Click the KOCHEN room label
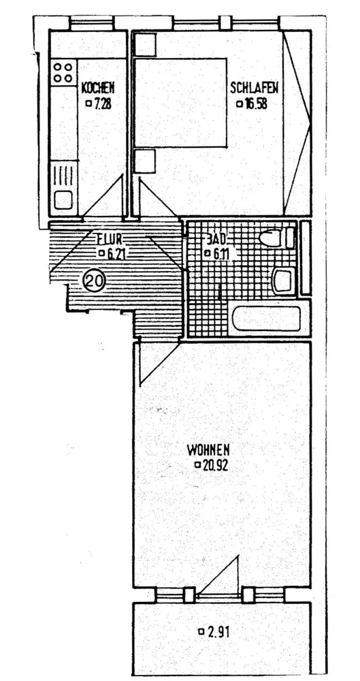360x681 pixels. coord(98,88)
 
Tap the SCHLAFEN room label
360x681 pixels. coord(254,88)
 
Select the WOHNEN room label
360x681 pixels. coord(208,449)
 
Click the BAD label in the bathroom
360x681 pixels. coord(216,239)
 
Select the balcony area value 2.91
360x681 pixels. coord(218,632)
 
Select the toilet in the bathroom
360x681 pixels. coord(276,238)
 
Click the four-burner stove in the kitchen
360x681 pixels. coord(63,73)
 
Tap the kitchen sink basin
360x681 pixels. coord(63,201)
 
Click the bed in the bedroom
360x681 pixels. coord(181,103)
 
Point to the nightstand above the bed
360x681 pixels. coord(144,44)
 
